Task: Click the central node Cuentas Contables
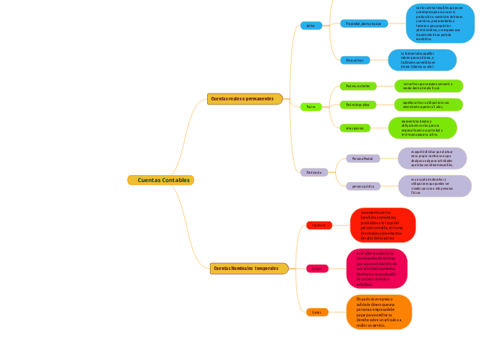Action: click(160, 180)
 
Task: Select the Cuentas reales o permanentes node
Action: click(244, 99)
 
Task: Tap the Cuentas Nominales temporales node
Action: click(249, 268)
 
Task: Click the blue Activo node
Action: click(311, 26)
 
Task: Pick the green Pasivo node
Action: click(311, 107)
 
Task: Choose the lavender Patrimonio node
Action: click(313, 172)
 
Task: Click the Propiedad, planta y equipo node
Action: click(364, 24)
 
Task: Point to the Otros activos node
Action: click(355, 60)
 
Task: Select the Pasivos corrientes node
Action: click(358, 86)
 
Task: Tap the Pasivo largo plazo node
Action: click(358, 105)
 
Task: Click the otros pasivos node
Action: click(355, 128)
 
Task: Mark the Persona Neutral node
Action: click(363, 159)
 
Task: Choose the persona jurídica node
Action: click(363, 186)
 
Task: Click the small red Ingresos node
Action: click(319, 225)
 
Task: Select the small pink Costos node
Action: click(317, 269)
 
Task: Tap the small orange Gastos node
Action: click(317, 312)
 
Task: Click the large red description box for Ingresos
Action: click(383, 225)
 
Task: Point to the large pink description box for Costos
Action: click(377, 269)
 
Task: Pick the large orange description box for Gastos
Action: click(379, 312)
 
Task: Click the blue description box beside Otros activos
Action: click(422, 60)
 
